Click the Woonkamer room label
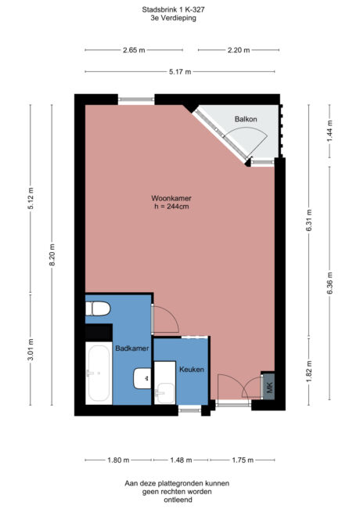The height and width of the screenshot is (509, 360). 171,198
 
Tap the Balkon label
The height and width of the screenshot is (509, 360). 246,119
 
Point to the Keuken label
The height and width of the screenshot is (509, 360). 192,369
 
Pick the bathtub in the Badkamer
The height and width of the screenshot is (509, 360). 98,375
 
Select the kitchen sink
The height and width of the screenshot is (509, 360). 165,391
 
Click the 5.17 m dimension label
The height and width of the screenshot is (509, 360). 180,72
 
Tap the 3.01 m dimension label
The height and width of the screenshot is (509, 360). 32,351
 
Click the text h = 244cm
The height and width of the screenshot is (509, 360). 171,207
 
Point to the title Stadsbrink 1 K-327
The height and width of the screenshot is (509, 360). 180,10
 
